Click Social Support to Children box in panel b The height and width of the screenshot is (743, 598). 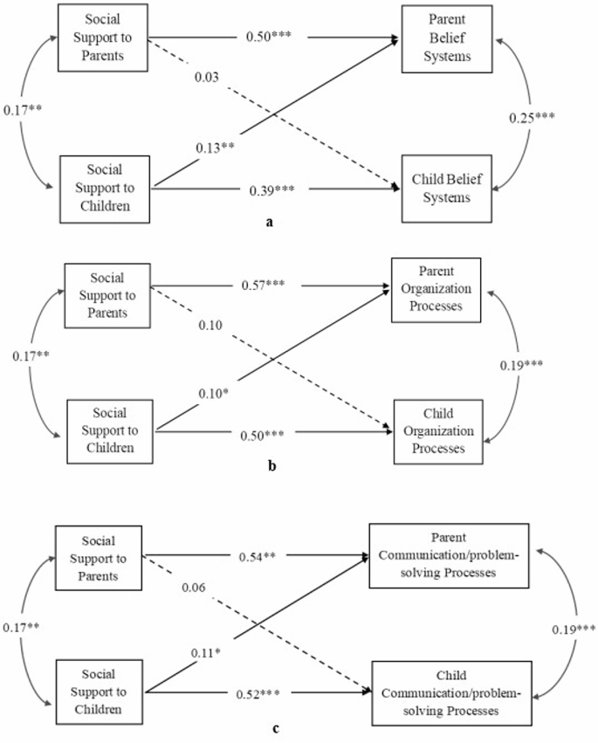pyautogui.click(x=110, y=430)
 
